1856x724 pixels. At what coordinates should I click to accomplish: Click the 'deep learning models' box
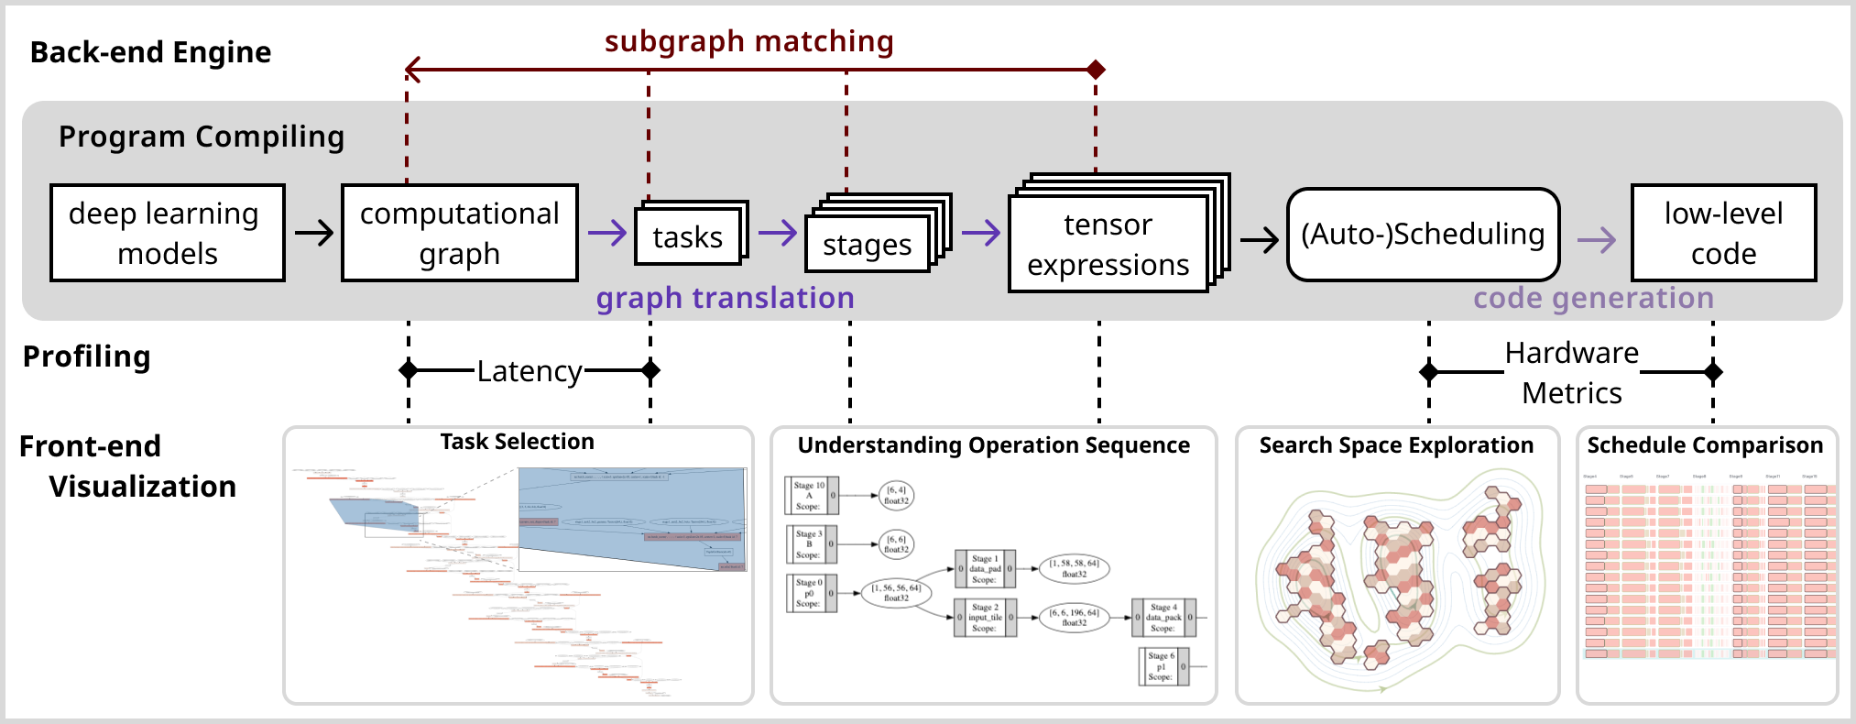[x=167, y=233]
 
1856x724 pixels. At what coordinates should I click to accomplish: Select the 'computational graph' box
[x=459, y=233]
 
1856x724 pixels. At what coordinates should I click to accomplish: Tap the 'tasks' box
[x=687, y=236]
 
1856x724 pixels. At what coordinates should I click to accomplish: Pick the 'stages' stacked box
[x=867, y=244]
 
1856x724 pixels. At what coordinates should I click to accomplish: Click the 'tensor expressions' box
[x=1108, y=244]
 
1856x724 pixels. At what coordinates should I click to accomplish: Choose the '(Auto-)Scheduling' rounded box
[x=1423, y=234]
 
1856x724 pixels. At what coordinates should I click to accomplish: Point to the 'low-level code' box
[x=1723, y=233]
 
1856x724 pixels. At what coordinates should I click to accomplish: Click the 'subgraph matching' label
[x=748, y=41]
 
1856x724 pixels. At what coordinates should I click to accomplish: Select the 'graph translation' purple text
[x=725, y=298]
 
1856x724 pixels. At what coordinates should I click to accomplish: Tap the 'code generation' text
[x=1593, y=298]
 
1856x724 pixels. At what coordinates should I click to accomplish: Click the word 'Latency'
[x=530, y=371]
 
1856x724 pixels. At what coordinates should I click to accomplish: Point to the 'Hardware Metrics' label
[x=1572, y=372]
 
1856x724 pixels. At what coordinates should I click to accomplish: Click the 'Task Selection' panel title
[x=517, y=442]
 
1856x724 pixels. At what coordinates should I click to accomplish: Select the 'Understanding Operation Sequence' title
[x=993, y=445]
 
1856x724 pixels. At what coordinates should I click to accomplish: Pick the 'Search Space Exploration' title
[x=1396, y=445]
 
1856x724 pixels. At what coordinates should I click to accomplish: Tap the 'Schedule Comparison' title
[x=1705, y=445]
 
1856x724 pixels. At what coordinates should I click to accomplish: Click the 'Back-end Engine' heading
[x=150, y=52]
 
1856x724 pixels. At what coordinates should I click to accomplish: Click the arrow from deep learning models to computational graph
[x=313, y=233]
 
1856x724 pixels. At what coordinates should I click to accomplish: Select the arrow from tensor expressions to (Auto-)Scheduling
[x=1259, y=241]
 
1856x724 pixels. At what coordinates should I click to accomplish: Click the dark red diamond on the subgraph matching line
[x=1096, y=69]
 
